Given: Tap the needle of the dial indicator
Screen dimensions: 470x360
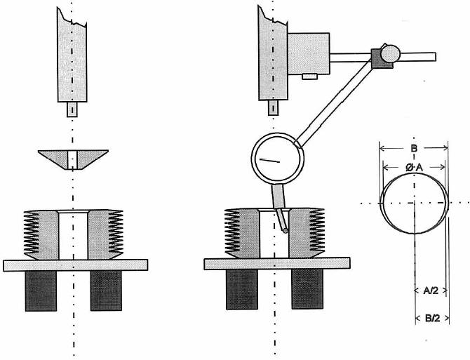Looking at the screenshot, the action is click(269, 161).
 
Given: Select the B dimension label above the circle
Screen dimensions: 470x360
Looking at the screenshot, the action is click(414, 148).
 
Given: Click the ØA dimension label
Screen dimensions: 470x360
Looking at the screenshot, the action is click(415, 168).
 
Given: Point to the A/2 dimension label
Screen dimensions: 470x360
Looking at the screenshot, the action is click(431, 290).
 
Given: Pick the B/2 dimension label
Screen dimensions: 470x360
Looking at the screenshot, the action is click(432, 318).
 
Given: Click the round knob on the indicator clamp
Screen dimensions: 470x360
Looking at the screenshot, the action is click(390, 53).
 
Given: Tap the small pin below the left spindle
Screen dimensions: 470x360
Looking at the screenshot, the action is click(72, 109).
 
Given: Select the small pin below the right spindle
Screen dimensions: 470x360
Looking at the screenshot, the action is click(273, 108).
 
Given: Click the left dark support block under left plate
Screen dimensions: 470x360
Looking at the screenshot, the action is click(41, 291).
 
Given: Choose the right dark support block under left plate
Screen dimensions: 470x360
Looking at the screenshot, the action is click(106, 291).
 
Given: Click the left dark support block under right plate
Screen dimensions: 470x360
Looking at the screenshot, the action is click(242, 289).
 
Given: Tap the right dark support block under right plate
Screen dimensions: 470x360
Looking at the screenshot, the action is click(307, 289).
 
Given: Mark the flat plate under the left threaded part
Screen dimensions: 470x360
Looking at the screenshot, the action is click(76, 265).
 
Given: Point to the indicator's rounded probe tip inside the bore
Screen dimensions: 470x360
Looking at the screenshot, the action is click(285, 230).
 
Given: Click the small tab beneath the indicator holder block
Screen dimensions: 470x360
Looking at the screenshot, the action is click(309, 76).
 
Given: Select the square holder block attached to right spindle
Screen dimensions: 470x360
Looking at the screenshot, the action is click(309, 53).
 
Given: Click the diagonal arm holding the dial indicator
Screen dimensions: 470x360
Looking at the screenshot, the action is click(334, 102).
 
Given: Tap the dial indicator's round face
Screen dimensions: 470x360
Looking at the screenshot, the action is click(278, 159).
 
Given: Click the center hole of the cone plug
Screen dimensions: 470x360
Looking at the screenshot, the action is click(72, 160).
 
